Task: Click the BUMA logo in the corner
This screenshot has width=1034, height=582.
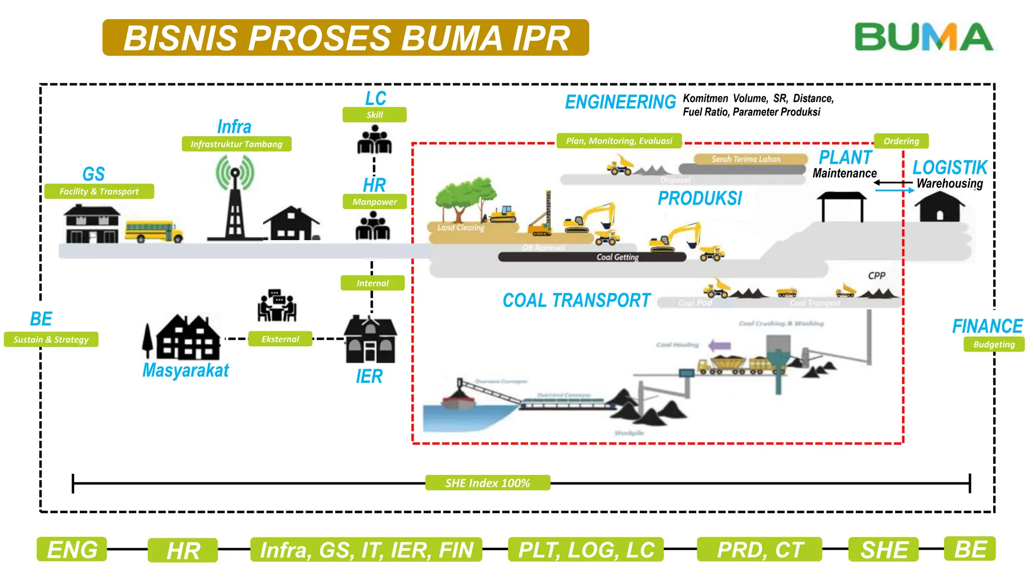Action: tap(923, 37)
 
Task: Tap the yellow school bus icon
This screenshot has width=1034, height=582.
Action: tap(153, 231)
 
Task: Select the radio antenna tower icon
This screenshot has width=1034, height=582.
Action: tap(234, 200)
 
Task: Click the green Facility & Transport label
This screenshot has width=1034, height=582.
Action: tap(99, 191)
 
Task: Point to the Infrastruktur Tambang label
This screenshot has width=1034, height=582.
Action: tap(236, 144)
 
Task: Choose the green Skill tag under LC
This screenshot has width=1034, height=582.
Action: tap(374, 115)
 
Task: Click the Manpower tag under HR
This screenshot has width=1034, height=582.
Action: tap(374, 202)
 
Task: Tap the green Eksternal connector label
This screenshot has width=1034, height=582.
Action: tap(280, 339)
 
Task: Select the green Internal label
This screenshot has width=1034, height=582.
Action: tap(373, 283)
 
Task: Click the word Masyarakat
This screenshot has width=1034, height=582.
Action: tap(185, 370)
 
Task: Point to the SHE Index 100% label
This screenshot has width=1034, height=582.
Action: tap(487, 483)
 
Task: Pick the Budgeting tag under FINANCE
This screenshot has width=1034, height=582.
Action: tap(994, 345)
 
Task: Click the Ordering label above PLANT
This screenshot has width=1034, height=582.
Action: tap(901, 141)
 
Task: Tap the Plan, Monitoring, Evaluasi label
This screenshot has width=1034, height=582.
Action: tap(619, 141)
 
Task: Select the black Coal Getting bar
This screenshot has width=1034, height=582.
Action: tap(592, 257)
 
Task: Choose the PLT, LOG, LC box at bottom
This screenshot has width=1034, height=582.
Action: tap(586, 550)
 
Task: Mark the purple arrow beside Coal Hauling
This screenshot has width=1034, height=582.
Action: tap(719, 346)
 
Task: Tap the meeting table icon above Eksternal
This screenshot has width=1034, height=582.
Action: tap(277, 306)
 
